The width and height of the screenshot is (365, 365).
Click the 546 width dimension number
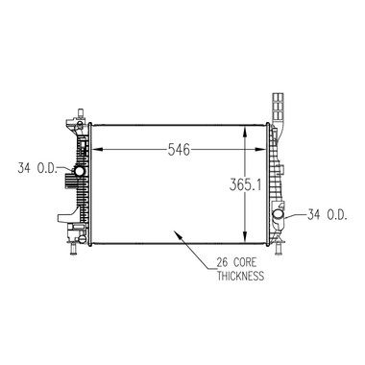(179, 150)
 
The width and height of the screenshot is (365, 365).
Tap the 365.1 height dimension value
(245, 185)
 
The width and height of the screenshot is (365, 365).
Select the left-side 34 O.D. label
(37, 168)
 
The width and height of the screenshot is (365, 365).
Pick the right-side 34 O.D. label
(328, 214)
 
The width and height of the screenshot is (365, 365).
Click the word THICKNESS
(241, 276)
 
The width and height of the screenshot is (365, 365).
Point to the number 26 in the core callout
(223, 262)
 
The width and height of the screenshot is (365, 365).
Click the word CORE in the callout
(245, 262)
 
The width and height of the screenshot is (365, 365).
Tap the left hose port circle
(80, 171)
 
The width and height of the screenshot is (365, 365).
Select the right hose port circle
(278, 214)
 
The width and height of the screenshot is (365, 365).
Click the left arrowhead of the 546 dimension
(98, 149)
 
